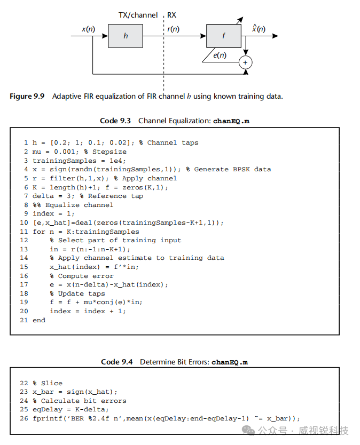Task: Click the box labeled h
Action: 126,36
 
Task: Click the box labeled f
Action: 224,36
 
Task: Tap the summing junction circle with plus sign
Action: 246,62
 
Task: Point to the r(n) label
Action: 173,29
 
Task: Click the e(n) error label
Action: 219,55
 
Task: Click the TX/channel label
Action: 138,15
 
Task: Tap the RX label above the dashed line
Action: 172,15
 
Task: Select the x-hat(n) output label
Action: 259,28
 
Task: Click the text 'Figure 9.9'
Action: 27,96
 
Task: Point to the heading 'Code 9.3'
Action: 115,121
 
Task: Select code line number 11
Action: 24,232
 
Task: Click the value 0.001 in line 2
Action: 61,152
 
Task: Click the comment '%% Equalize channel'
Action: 73,205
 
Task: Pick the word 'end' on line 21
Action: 39,320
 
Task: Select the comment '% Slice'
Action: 48,383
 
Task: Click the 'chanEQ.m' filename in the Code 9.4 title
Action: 230,362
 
